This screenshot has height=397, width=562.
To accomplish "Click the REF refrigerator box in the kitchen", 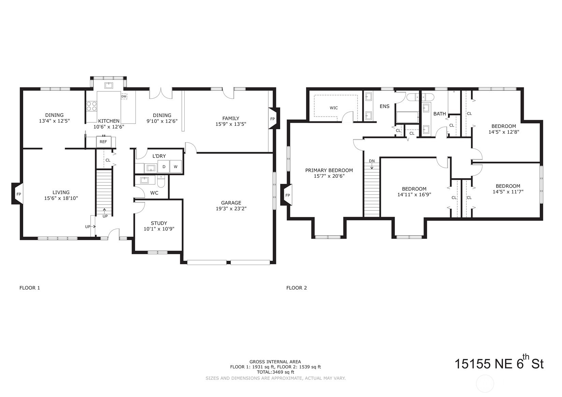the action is [103, 142].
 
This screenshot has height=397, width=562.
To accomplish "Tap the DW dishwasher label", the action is [124, 96].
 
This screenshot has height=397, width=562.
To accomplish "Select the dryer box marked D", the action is [164, 166].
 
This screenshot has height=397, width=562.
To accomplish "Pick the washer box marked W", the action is [176, 166].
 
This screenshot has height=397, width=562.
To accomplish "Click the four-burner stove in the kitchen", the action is [91, 106].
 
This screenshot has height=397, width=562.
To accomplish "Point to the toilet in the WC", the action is [161, 181].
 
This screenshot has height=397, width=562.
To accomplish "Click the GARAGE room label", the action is [231, 203].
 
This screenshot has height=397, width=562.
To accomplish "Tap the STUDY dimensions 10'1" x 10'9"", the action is [159, 229].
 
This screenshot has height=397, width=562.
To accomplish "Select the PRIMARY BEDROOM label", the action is [329, 170].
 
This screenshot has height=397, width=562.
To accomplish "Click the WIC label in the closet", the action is [334, 108].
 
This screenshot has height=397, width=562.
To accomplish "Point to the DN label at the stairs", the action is [372, 161].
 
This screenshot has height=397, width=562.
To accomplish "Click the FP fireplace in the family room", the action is [274, 118].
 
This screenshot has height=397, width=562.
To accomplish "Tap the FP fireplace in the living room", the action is [17, 194].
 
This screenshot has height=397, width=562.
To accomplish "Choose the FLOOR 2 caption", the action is [297, 288].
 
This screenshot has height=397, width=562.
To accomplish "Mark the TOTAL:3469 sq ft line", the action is [275, 372].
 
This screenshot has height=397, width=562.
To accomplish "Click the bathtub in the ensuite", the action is [407, 117].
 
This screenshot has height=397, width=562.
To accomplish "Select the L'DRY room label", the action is [159, 156].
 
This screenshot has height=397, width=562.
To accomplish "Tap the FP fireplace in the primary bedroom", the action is [286, 195].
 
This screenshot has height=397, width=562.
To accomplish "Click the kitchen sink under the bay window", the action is [109, 86].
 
